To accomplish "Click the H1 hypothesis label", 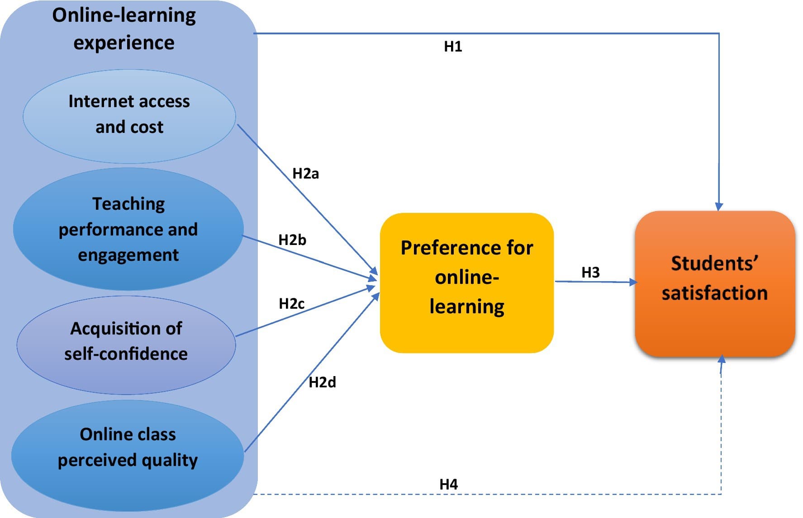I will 453,46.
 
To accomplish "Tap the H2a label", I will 305,174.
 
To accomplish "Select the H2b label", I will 292,240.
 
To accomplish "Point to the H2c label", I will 291,304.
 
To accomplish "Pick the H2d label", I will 322,382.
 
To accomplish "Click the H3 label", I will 590,272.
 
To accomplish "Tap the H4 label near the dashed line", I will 448,484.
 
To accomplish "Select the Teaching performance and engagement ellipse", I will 128,229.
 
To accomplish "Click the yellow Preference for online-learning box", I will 466,283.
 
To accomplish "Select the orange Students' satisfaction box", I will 715,283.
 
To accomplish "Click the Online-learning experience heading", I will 124,28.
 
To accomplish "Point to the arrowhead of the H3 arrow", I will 633,282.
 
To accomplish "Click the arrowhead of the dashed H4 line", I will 722,360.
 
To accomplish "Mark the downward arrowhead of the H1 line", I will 719,207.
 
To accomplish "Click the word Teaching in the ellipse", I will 128,204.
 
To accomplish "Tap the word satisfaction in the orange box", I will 715,293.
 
